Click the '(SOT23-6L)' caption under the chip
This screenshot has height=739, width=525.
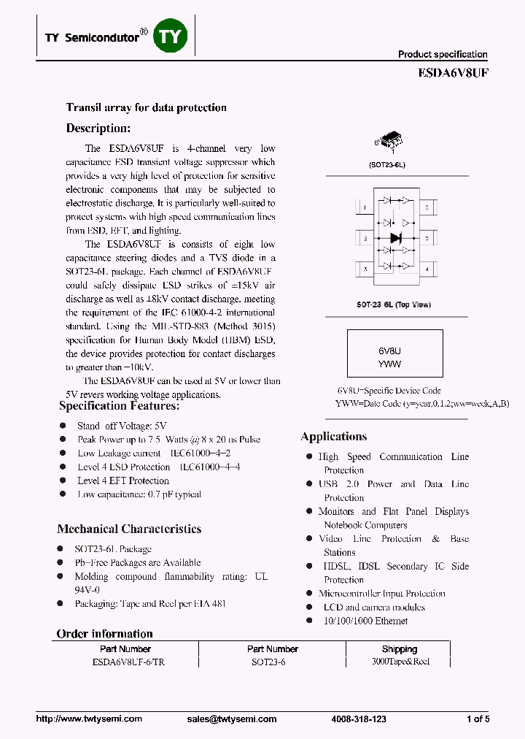(x=386, y=165)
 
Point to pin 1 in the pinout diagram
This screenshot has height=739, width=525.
(x=364, y=208)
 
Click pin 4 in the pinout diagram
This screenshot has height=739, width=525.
(x=427, y=269)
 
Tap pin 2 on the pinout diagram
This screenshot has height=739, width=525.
(x=364, y=239)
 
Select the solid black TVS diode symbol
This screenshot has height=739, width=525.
(x=396, y=238)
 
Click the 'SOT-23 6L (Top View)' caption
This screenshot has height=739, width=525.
(x=394, y=305)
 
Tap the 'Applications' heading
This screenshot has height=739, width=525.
(x=333, y=437)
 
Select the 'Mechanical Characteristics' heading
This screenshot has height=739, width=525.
(x=129, y=529)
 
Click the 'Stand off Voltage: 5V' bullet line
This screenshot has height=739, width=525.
(x=122, y=426)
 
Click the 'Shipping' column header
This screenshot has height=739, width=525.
(x=399, y=648)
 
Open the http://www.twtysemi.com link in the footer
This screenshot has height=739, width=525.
(x=89, y=719)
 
